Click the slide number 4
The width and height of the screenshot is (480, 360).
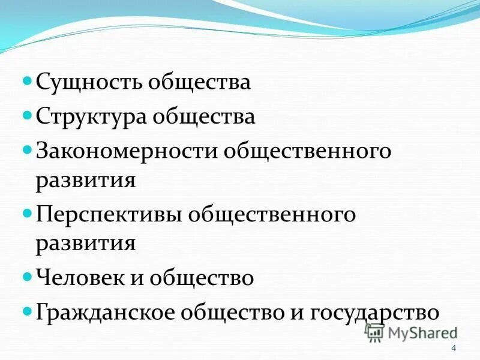[x=453, y=349]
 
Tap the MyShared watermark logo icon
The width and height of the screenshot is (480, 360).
[x=375, y=332]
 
